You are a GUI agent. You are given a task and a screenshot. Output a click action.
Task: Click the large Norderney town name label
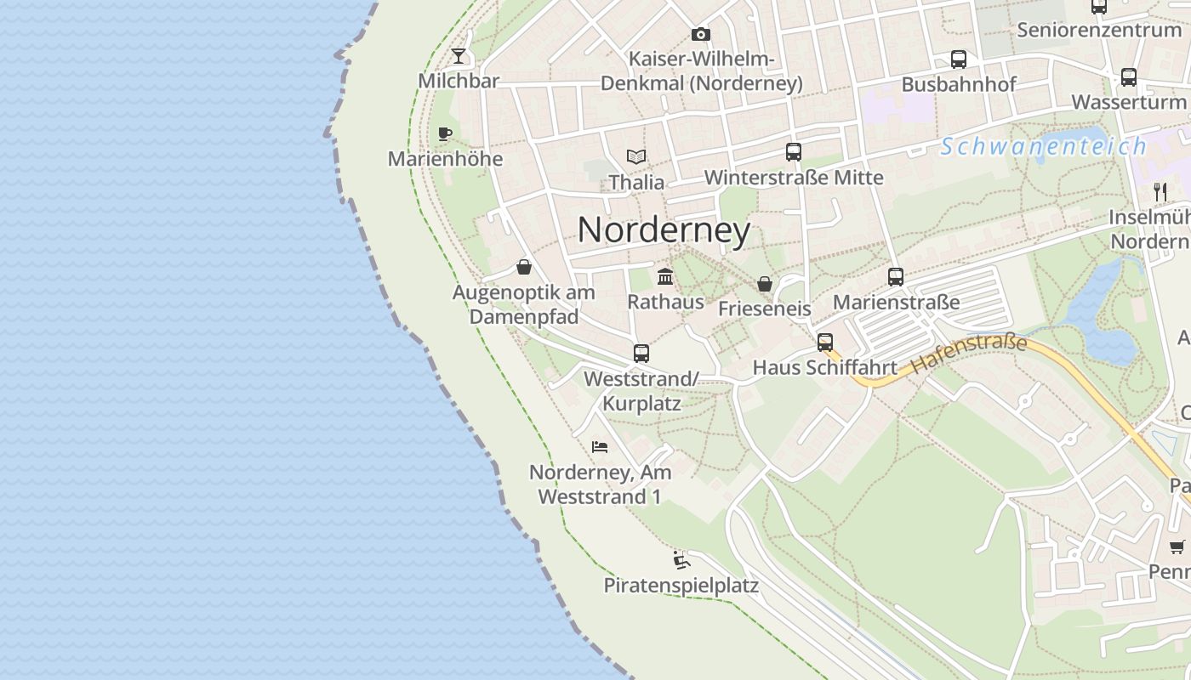pyautogui.click(x=664, y=230)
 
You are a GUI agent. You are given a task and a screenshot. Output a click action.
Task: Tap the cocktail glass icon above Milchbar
pyautogui.click(x=459, y=56)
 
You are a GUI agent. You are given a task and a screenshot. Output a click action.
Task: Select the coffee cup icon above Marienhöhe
pyautogui.click(x=444, y=133)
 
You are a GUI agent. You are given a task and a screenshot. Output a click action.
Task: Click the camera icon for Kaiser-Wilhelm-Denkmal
pyautogui.click(x=701, y=34)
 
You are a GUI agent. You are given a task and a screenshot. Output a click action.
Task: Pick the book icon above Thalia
pyautogui.click(x=636, y=156)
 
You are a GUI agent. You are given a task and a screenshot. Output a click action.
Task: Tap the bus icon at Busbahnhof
pyautogui.click(x=959, y=59)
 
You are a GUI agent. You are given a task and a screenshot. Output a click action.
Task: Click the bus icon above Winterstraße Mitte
pyautogui.click(x=794, y=152)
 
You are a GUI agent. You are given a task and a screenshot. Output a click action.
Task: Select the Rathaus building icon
pyautogui.click(x=665, y=277)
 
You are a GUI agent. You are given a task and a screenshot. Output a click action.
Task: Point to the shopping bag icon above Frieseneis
pyautogui.click(x=765, y=284)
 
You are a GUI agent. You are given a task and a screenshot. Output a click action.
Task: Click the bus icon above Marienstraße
pyautogui.click(x=896, y=277)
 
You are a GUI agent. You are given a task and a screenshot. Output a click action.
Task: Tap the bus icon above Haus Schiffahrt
pyautogui.click(x=825, y=343)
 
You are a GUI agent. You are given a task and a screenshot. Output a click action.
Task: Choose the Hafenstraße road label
pyautogui.click(x=968, y=355)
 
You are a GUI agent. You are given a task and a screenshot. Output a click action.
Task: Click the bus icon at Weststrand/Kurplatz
pyautogui.click(x=641, y=354)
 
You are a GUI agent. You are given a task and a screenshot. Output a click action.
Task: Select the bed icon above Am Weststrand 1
pyautogui.click(x=600, y=446)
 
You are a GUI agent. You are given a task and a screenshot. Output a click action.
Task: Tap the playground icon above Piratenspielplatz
pyautogui.click(x=681, y=559)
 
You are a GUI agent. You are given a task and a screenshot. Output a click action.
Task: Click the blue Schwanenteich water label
pyautogui.click(x=1043, y=146)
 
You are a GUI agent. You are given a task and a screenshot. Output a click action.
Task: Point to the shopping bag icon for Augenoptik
pyautogui.click(x=524, y=268)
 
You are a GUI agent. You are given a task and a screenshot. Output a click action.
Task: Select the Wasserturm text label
pyautogui.click(x=1128, y=102)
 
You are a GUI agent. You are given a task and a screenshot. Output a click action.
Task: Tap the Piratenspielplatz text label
pyautogui.click(x=681, y=586)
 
